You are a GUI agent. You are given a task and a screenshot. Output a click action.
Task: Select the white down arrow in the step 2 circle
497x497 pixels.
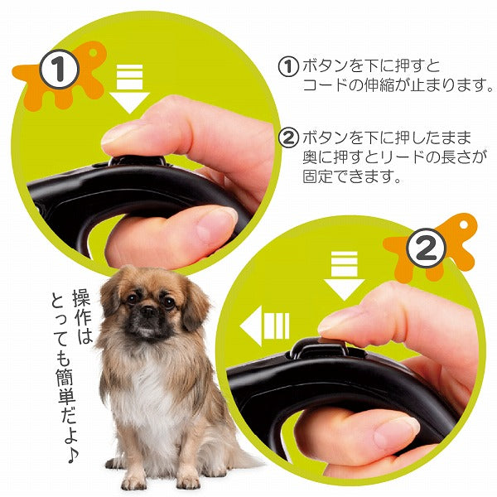(x=344, y=277)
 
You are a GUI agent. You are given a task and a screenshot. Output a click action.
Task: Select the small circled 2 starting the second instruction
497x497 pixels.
(x=288, y=138)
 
